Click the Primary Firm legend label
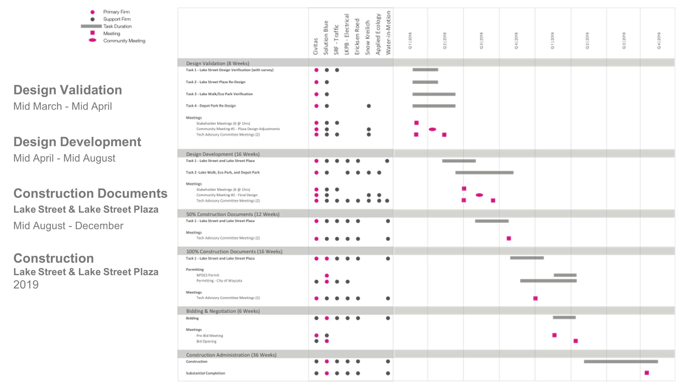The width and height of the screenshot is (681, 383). pyautogui.click(x=116, y=12)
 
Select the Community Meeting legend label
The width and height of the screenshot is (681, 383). pyautogui.click(x=124, y=41)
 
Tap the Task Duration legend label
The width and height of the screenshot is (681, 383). pyautogui.click(x=118, y=26)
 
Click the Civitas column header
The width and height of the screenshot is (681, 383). pyautogui.click(x=316, y=46)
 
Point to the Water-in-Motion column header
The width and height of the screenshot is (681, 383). pyautogui.click(x=388, y=32)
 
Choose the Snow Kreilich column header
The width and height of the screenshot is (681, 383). pyautogui.click(x=368, y=37)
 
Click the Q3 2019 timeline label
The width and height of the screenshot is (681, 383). pyautogui.click(x=624, y=41)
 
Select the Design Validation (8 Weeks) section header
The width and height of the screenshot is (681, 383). pyautogui.click(x=218, y=63)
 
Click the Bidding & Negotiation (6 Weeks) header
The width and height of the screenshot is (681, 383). pyautogui.click(x=223, y=311)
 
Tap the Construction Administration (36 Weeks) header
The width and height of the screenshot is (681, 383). pyautogui.click(x=231, y=355)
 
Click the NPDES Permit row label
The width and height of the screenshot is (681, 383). pyautogui.click(x=208, y=275)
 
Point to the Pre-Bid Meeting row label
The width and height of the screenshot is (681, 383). pyautogui.click(x=210, y=336)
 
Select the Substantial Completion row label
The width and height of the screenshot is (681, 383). pyautogui.click(x=205, y=373)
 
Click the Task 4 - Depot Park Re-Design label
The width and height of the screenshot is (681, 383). pyautogui.click(x=211, y=106)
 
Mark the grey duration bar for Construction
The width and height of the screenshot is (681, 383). pyautogui.click(x=621, y=361)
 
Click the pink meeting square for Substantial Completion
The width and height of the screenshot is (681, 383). pyautogui.click(x=647, y=373)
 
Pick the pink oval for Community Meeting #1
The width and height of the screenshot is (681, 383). pyautogui.click(x=432, y=129)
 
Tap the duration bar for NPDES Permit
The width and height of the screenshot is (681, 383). pyautogui.click(x=565, y=275)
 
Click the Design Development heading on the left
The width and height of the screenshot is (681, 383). pyautogui.click(x=77, y=142)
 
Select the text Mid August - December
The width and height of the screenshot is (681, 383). pyautogui.click(x=68, y=226)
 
